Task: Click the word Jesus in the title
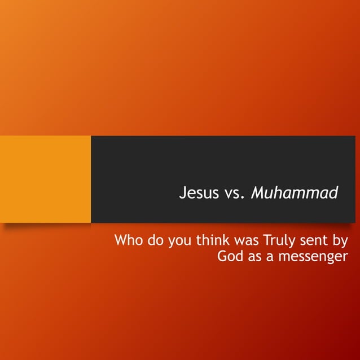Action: coord(198,193)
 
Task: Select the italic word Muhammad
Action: coord(294,193)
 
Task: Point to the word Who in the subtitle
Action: coord(128,241)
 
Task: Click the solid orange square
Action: coord(45,179)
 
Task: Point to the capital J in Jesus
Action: coord(182,193)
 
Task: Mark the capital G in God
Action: coord(222,257)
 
